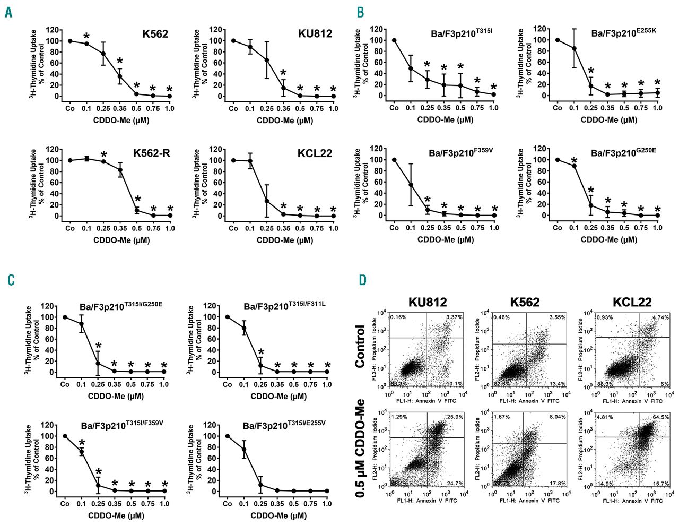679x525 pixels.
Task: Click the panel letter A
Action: (8, 12)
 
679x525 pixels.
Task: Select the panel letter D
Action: (362, 280)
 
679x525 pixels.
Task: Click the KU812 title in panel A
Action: (315, 34)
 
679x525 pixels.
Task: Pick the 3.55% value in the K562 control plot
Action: (558, 317)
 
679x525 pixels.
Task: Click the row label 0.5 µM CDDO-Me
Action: (361, 448)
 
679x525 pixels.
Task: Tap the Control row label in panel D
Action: (360, 346)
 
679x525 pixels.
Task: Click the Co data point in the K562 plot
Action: (70, 41)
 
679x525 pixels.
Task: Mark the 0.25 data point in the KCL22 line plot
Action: (267, 201)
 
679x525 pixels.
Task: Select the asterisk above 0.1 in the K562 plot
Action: (86, 36)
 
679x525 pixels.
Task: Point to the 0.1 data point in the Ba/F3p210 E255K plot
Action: (574, 48)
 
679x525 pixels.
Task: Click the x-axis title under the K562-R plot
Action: (121, 240)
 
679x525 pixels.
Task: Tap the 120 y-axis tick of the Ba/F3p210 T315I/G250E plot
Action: (49, 306)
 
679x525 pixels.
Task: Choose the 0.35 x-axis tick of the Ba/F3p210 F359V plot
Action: (444, 228)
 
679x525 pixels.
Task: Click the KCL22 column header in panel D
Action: (631, 302)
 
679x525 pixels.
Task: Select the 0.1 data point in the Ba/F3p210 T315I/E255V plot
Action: (244, 450)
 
